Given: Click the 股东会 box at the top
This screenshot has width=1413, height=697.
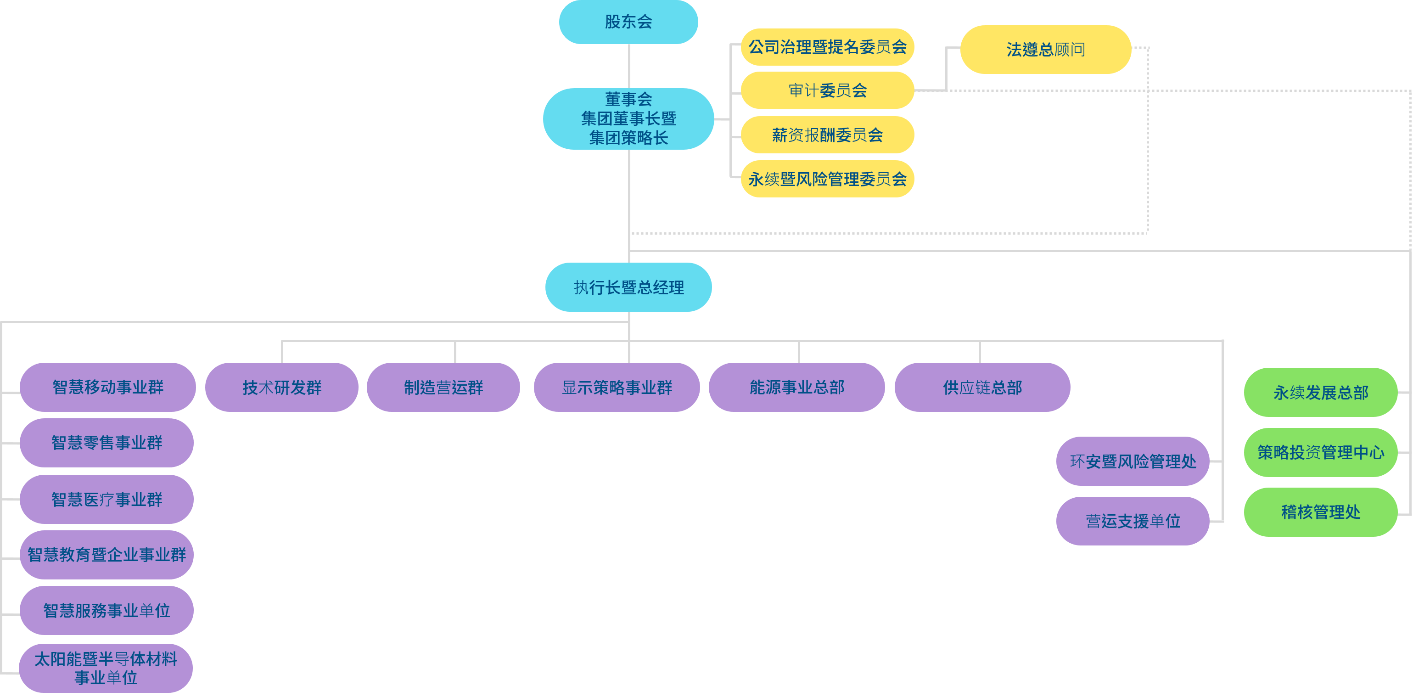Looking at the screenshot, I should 628,22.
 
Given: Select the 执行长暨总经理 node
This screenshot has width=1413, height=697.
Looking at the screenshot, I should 628,287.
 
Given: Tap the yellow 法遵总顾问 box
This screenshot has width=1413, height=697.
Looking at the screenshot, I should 1045,50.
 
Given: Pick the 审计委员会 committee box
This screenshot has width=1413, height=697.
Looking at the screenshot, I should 827,90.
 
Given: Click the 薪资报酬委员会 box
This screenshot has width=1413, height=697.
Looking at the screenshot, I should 827,135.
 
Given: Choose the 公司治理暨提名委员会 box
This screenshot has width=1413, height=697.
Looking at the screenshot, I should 827,47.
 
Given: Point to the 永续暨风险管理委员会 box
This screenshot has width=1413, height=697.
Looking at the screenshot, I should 827,179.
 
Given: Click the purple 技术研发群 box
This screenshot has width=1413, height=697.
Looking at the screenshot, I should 281,388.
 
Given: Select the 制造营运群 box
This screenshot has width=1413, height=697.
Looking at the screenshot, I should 443,388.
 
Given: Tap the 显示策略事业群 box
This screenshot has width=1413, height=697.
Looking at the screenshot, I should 617,388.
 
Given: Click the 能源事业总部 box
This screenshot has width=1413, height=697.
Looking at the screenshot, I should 796,388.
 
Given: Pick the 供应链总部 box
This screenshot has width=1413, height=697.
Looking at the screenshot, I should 982,388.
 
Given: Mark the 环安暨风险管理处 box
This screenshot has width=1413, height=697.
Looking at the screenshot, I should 1133,461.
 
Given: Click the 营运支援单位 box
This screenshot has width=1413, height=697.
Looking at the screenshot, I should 1133,521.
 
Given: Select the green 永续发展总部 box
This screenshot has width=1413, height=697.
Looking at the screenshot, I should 1320,393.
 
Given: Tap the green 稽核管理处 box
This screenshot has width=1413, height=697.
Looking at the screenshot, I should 1320,512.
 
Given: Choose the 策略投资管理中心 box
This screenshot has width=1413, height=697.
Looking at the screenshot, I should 1320,452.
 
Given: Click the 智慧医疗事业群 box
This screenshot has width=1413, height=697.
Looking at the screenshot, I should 107,500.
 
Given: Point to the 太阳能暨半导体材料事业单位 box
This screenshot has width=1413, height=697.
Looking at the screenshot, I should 106,668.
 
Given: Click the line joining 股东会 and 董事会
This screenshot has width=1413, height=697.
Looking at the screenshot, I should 628,66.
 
